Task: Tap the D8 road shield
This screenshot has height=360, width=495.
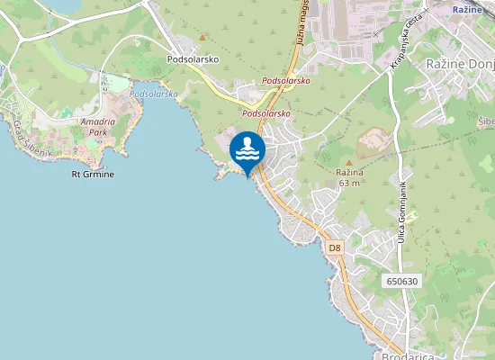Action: [335, 246]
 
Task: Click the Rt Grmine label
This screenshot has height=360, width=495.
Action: [93, 174]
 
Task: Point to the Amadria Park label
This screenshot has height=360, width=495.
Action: [98, 126]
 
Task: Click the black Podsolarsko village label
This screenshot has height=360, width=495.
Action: [193, 59]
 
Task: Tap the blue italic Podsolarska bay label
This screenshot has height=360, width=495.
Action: [154, 94]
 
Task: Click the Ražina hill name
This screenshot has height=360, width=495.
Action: [348, 172]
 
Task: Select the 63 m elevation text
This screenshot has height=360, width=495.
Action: [348, 183]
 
